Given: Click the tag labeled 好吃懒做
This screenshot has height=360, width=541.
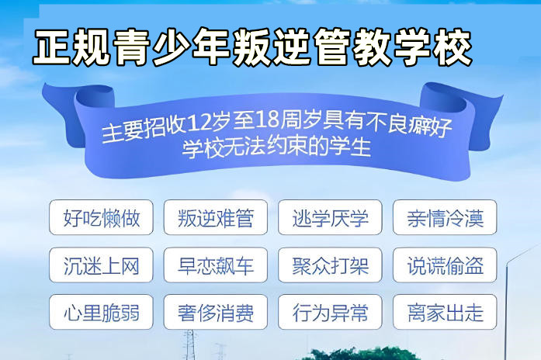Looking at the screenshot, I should [101, 218].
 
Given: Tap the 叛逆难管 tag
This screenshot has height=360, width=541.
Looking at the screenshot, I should [215, 218].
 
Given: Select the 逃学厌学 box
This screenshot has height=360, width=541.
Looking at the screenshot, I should [330, 218].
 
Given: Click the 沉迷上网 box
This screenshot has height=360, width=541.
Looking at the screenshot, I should [101, 265].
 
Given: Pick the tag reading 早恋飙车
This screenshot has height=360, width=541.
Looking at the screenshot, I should [215, 265].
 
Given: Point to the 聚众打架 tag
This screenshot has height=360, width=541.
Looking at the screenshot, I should [330, 265].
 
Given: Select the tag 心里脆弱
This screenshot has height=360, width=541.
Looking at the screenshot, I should [101, 313].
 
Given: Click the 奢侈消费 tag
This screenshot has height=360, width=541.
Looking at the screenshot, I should [215, 313].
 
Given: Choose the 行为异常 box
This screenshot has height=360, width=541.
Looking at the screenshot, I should [330, 313].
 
